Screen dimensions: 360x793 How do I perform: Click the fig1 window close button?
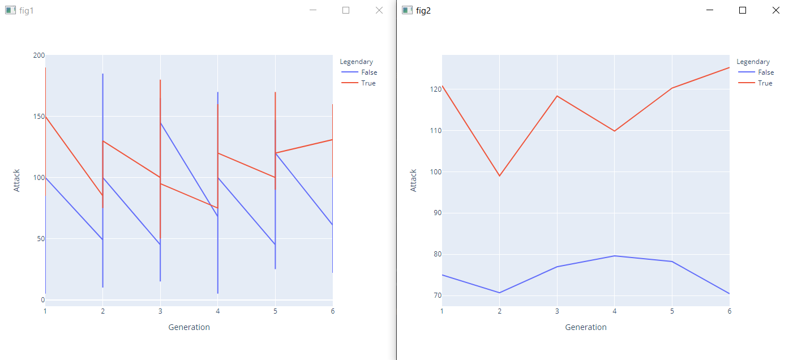coord(379,10)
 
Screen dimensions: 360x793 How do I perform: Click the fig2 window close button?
coord(776,10)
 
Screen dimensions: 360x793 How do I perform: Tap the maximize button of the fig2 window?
coord(743,10)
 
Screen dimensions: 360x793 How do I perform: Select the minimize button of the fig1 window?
coord(312,10)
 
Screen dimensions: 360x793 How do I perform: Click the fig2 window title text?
coord(423,10)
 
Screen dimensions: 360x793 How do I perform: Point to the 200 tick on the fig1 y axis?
coord(38,55)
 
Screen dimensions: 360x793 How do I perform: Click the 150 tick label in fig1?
coord(38,117)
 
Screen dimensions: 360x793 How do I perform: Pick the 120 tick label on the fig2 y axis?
coord(435,89)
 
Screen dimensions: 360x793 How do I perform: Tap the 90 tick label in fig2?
coord(436,213)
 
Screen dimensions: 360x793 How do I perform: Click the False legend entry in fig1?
coord(368,72)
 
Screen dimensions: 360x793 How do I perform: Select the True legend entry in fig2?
coord(765,83)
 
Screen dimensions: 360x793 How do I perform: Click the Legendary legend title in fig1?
coord(356,62)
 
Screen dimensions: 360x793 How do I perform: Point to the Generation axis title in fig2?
coord(585,327)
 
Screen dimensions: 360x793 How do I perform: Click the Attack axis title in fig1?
coord(17,180)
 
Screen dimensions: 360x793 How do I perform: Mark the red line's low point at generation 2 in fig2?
coord(499,175)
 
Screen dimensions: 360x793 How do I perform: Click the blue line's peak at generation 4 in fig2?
coord(614,256)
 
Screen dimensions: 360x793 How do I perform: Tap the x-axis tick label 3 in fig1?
coord(160,311)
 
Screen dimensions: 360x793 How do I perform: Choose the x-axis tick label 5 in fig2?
coord(672,311)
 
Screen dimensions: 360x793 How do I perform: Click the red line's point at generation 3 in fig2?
coord(557,96)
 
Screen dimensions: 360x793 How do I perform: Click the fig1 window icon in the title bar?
coord(10,10)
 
